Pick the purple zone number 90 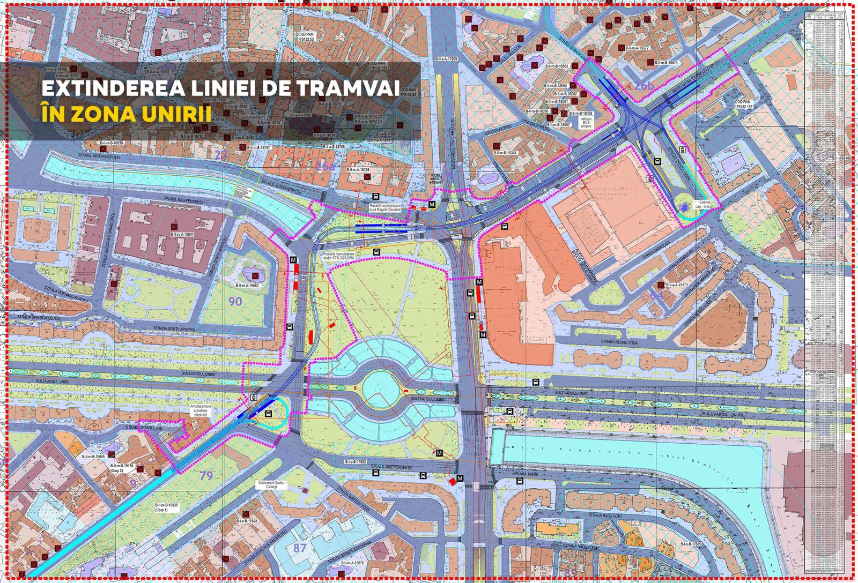pyautogui.click(x=235, y=301)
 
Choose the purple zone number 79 pyautogui.click(x=206, y=475)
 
